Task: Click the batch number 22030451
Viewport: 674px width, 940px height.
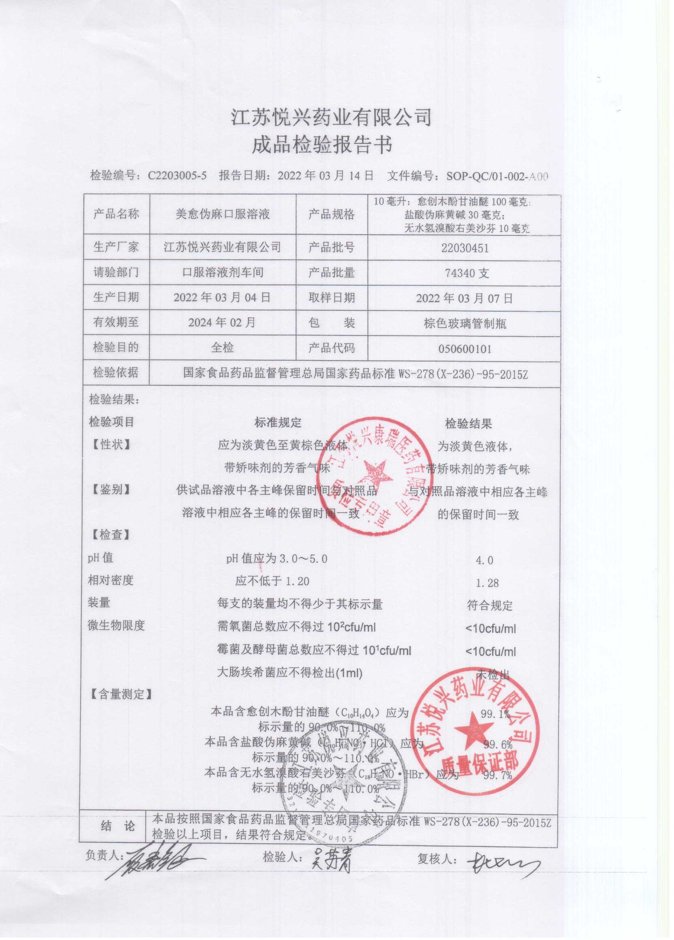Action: (464, 248)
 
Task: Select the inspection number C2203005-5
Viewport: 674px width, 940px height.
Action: (177, 176)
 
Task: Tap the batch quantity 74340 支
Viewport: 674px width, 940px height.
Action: (467, 273)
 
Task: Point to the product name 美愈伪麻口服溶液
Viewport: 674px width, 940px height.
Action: (222, 214)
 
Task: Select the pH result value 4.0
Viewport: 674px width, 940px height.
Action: (484, 560)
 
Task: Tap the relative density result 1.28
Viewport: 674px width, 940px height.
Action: (487, 583)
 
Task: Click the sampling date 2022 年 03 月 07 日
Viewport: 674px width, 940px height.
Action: (464, 299)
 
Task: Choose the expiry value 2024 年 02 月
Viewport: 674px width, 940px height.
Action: (222, 323)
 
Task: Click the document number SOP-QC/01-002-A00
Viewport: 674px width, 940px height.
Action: (497, 177)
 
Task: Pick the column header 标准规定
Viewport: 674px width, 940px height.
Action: (278, 423)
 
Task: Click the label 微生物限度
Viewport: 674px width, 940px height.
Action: (116, 626)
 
